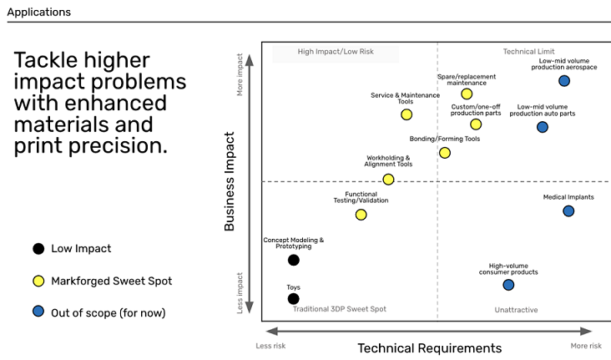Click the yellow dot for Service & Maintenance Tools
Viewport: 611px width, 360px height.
point(406,114)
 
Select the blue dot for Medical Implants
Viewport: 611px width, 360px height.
point(568,211)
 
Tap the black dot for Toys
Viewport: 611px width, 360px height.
point(294,299)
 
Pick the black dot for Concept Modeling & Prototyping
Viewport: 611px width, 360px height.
point(294,260)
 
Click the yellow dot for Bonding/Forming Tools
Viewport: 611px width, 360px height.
point(445,153)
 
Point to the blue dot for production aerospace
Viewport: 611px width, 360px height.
point(564,81)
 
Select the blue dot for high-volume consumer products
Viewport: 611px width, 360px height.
point(508,285)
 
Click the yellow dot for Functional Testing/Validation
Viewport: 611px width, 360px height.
point(361,215)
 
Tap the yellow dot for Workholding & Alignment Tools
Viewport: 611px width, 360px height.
point(388,180)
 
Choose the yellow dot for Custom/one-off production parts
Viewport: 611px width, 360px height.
point(476,124)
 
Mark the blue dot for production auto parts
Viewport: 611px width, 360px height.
point(543,127)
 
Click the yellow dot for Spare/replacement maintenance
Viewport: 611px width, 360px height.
point(467,94)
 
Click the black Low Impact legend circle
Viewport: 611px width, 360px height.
point(38,248)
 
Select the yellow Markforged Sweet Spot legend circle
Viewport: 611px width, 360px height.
point(38,281)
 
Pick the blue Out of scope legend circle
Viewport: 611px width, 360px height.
point(38,312)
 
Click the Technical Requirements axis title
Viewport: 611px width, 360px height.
point(430,348)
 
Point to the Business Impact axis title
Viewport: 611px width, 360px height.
point(230,181)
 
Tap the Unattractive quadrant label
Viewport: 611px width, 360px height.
point(517,310)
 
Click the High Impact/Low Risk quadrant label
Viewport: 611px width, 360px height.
point(336,52)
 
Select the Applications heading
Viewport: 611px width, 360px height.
point(39,12)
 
